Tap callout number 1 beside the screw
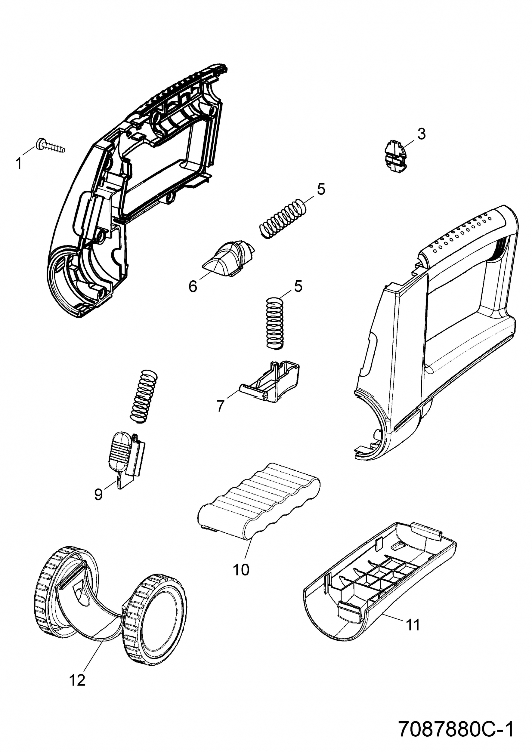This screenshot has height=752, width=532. [19, 163]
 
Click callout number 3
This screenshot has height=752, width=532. [422, 134]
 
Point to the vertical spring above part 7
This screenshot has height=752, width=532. [274, 323]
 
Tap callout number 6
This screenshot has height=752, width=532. [193, 286]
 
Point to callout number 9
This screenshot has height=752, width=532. [98, 494]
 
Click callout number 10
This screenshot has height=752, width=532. [241, 570]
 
